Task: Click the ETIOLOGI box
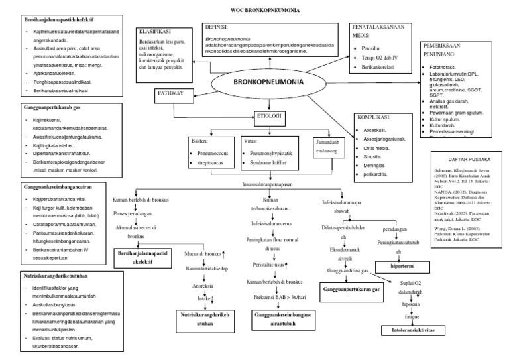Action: [268, 117]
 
